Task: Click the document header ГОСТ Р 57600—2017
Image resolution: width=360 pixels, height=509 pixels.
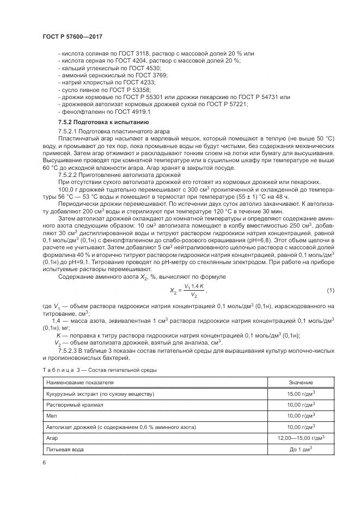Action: tap(72, 36)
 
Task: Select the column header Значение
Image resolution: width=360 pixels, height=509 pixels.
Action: tap(301, 383)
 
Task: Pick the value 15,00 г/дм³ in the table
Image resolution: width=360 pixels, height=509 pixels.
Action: tap(301, 394)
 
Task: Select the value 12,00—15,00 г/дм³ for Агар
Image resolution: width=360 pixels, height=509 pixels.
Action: tap(301, 438)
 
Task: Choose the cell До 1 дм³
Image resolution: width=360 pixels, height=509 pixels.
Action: tap(301, 449)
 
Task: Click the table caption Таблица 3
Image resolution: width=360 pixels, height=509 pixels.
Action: tap(99, 370)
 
